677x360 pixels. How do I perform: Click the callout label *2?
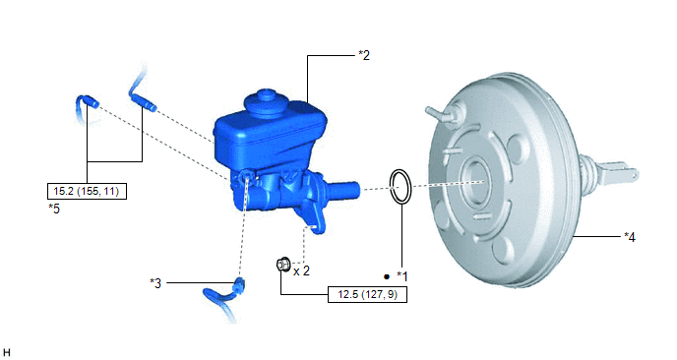click(x=364, y=55)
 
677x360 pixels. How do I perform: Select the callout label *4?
click(x=630, y=237)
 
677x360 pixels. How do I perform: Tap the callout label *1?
click(x=401, y=276)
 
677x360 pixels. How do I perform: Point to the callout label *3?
click(x=155, y=283)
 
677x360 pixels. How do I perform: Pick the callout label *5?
click(x=54, y=209)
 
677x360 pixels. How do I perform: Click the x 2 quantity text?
click(x=301, y=271)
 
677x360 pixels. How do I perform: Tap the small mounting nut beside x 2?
click(x=283, y=264)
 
